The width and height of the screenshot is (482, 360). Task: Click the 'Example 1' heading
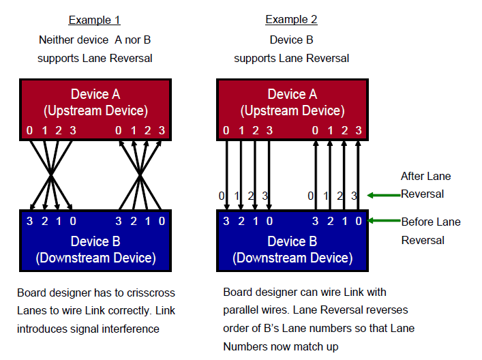click(95, 19)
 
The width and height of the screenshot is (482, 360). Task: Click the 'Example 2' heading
click(291, 19)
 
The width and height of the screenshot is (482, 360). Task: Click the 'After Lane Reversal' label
click(425, 185)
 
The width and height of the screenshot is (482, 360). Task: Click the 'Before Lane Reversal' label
click(430, 230)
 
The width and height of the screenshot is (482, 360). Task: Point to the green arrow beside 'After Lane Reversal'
click(382, 195)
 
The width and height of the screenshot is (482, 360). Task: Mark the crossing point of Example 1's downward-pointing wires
click(51, 177)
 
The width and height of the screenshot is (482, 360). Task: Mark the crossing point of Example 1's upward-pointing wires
click(140, 177)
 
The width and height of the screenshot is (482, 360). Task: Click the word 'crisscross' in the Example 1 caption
click(151, 292)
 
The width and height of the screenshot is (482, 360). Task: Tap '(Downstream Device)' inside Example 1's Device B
click(95, 258)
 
